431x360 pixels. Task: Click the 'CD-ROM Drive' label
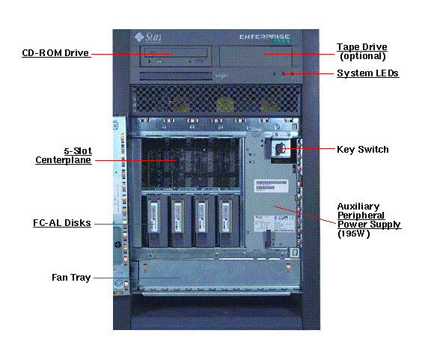[x=55, y=53]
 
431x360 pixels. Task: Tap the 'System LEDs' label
[x=367, y=73]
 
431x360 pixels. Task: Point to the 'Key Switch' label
[x=363, y=150]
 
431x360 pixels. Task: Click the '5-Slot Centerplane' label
[x=64, y=155]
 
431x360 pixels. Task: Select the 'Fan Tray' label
[x=71, y=278]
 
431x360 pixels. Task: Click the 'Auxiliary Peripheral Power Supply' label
[x=368, y=215]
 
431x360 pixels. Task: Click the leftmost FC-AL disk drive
[x=156, y=221]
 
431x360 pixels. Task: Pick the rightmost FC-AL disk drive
[x=225, y=221]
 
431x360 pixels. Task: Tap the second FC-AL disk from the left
[x=179, y=221]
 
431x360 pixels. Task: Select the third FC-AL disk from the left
[x=202, y=221]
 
